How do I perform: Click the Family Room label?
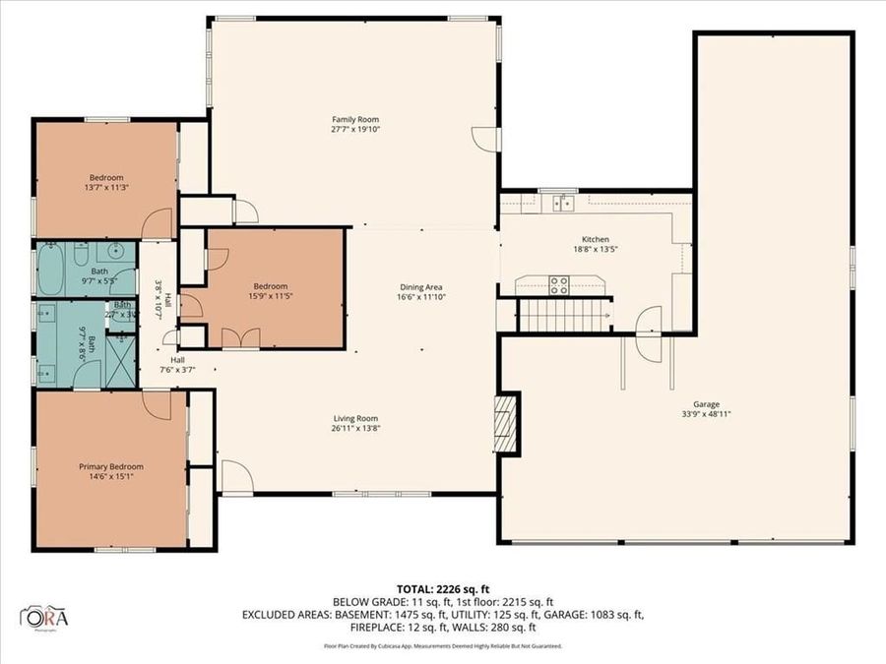tap(354, 119)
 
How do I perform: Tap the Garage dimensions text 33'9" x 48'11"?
tap(706, 414)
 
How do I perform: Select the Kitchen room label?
tap(595, 239)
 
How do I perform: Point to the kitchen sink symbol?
tap(563, 203)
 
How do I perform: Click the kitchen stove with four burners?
tap(558, 285)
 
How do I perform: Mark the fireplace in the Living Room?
tap(505, 423)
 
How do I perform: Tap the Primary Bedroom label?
tap(111, 466)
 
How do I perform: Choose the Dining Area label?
tap(416, 286)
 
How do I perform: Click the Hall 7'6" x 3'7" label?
tap(178, 365)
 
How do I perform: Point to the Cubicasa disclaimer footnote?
tap(442, 646)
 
